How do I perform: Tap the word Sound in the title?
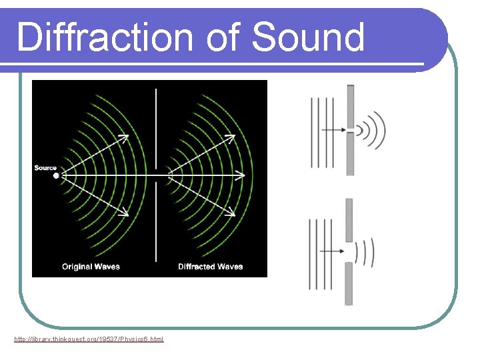point(308,37)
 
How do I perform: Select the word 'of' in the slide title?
point(225,37)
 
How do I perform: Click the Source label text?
point(45,168)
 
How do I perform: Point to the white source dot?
point(56,176)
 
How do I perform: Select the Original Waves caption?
point(91,267)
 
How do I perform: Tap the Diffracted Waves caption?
point(210,267)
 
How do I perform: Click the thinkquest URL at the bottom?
point(89,339)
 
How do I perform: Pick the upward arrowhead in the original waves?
point(125,137)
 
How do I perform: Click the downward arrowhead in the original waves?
point(125,213)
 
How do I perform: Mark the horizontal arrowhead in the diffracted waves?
point(241,176)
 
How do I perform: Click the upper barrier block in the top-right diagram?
point(351,103)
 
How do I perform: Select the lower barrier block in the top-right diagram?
point(351,153)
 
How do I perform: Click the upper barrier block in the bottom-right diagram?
point(349,219)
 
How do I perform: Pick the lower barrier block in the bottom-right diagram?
point(349,283)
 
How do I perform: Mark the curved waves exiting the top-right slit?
point(373,129)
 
